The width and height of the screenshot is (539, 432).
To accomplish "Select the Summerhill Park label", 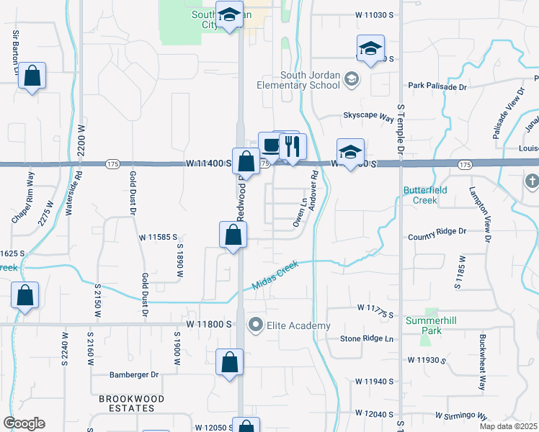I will point(431,325).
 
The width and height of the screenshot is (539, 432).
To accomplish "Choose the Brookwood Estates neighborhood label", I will point(131,403).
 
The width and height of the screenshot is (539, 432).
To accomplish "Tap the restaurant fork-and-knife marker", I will point(292,147).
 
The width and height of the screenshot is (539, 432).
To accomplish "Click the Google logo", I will point(24,423).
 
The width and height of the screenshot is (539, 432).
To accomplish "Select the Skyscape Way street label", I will point(368,115).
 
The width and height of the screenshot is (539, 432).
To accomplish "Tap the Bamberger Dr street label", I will point(133,374).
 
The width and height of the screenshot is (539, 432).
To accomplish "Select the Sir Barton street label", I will point(14,51).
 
